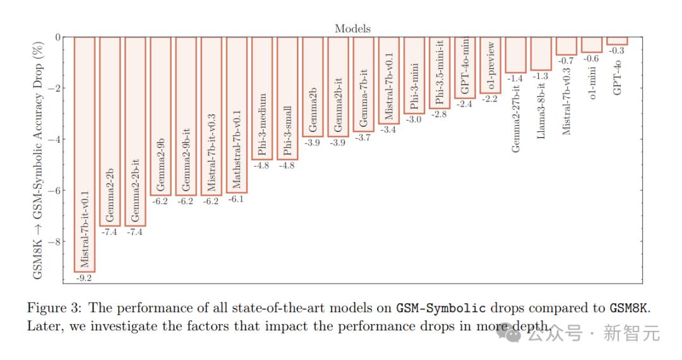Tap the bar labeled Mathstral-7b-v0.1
coord(237,114)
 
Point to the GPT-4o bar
coord(617,41)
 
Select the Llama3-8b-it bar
coord(541,54)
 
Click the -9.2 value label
coord(85,277)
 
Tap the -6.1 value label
coord(237,198)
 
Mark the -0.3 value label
coord(617,51)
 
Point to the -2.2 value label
coord(490,99)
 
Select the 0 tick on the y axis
coord(58,37)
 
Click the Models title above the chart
coord(352,28)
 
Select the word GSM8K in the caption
coord(629,309)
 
